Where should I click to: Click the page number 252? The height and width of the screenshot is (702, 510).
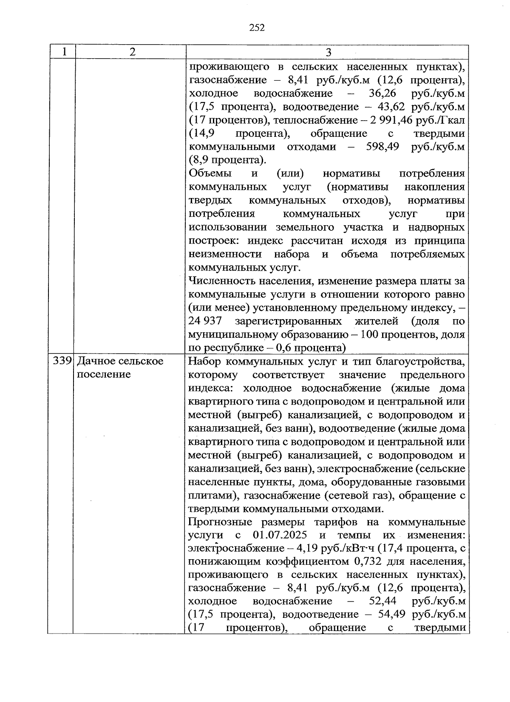(x=257, y=28)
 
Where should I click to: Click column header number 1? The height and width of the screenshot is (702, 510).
(x=64, y=52)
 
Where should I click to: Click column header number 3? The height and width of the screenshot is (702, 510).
(x=328, y=52)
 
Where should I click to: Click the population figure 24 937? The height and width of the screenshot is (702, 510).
(x=205, y=321)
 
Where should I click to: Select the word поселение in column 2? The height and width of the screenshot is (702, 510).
(x=104, y=375)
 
